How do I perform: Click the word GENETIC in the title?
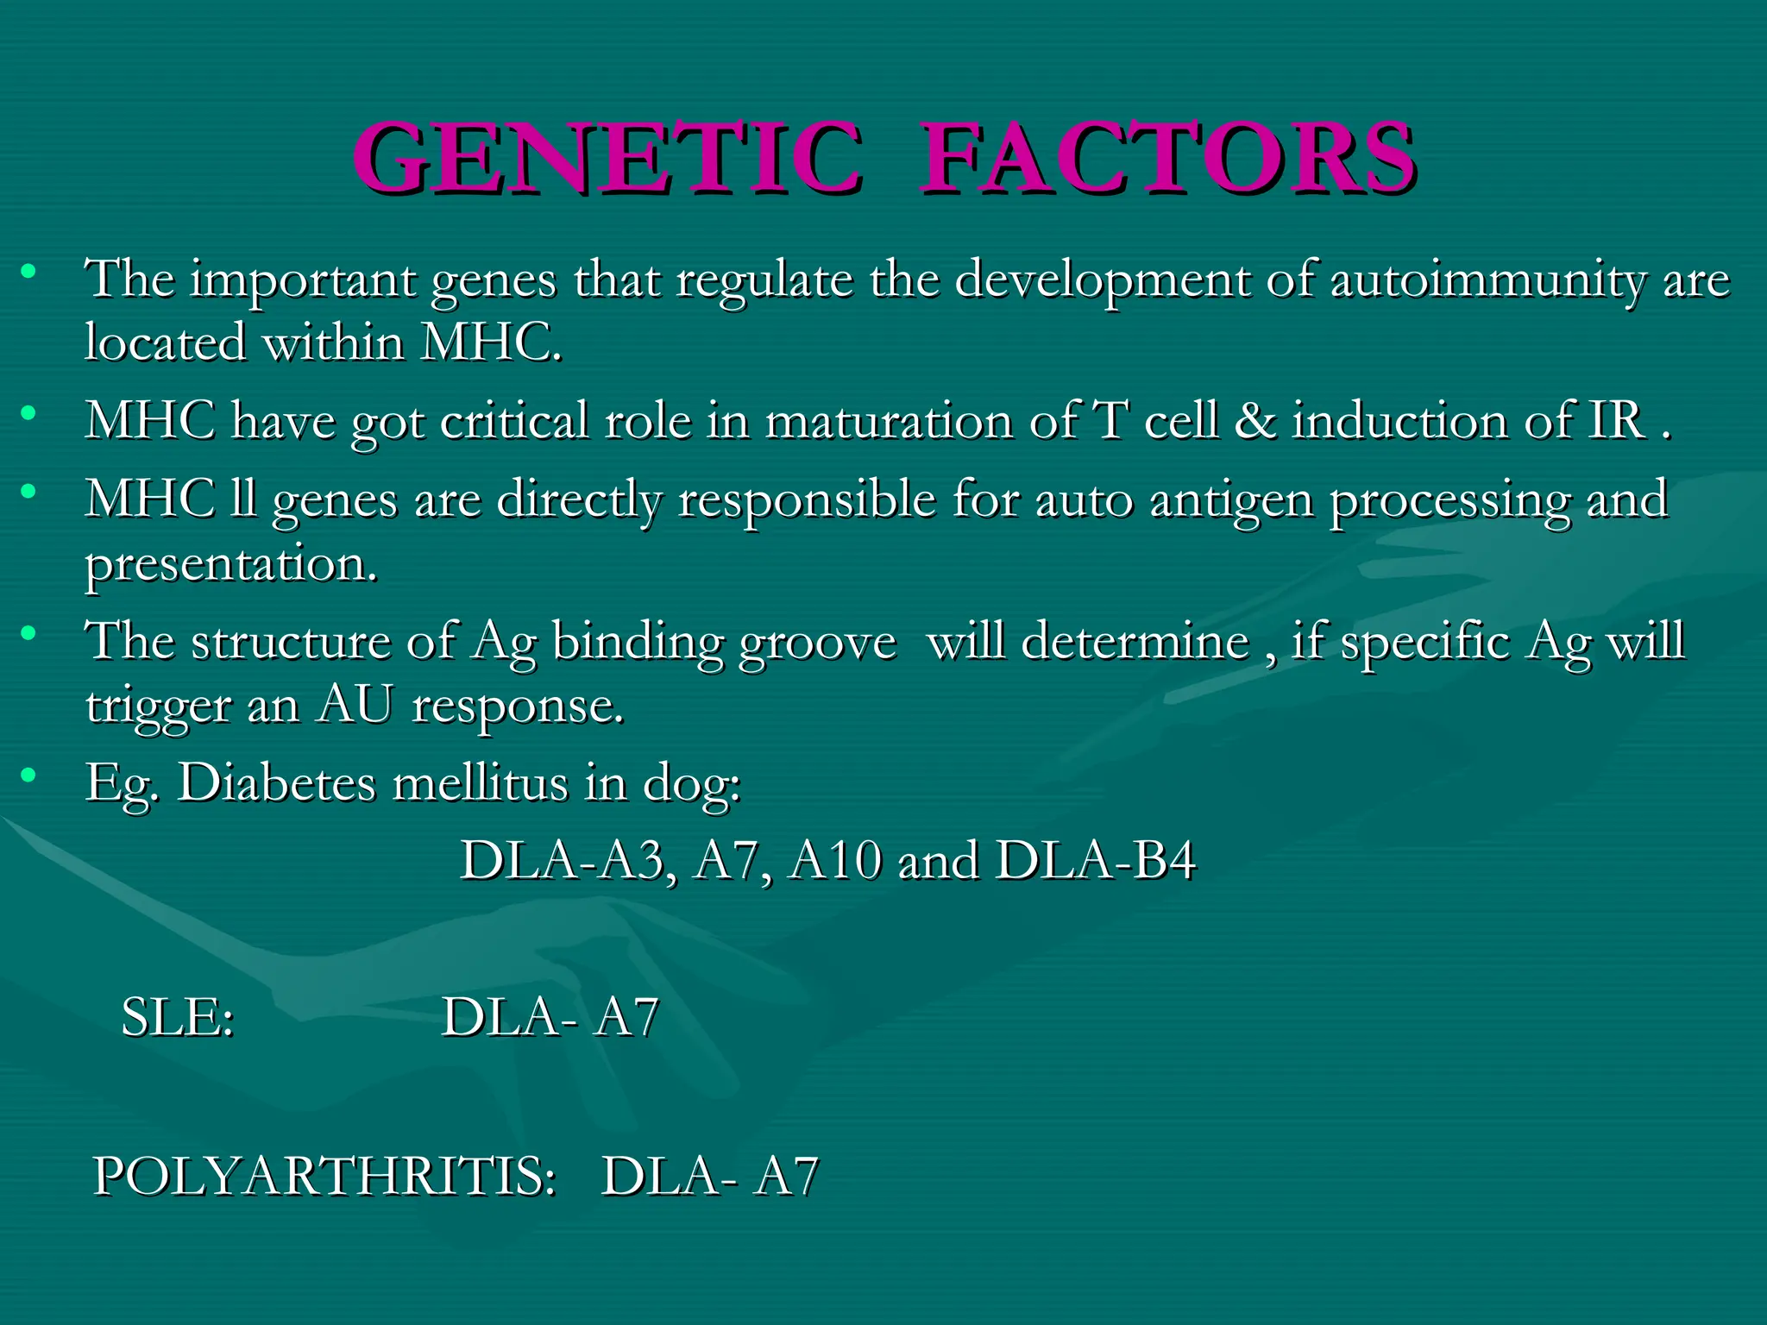(607, 158)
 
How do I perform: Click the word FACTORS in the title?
(1166, 158)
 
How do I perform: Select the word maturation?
(889, 421)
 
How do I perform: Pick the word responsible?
(807, 500)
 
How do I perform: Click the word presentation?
(231, 565)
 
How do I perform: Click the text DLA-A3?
(563, 860)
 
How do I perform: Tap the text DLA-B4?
(1096, 860)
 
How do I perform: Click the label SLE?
(178, 1017)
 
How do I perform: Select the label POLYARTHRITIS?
(324, 1176)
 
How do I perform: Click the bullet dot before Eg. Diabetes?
(29, 775)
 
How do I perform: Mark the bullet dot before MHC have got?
(29, 413)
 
